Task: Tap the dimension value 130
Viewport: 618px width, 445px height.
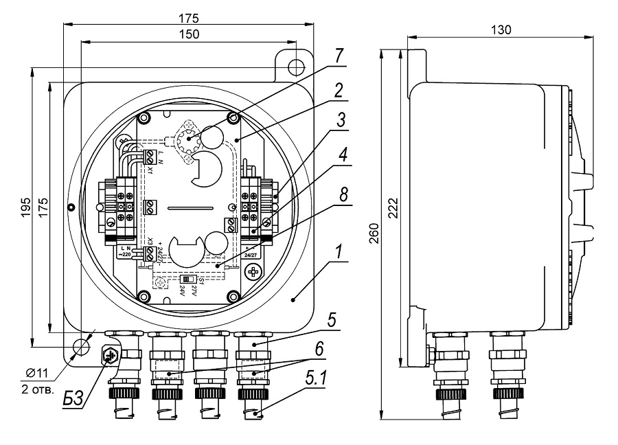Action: pos(501,31)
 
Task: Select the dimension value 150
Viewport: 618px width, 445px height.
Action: pos(190,34)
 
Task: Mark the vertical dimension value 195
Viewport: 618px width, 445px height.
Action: pos(25,206)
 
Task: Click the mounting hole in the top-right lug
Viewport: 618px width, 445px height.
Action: pos(296,66)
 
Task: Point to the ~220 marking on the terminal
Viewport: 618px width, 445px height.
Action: pos(126,255)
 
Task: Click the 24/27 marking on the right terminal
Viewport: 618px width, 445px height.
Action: pos(253,255)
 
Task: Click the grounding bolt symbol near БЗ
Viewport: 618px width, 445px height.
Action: pos(109,356)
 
